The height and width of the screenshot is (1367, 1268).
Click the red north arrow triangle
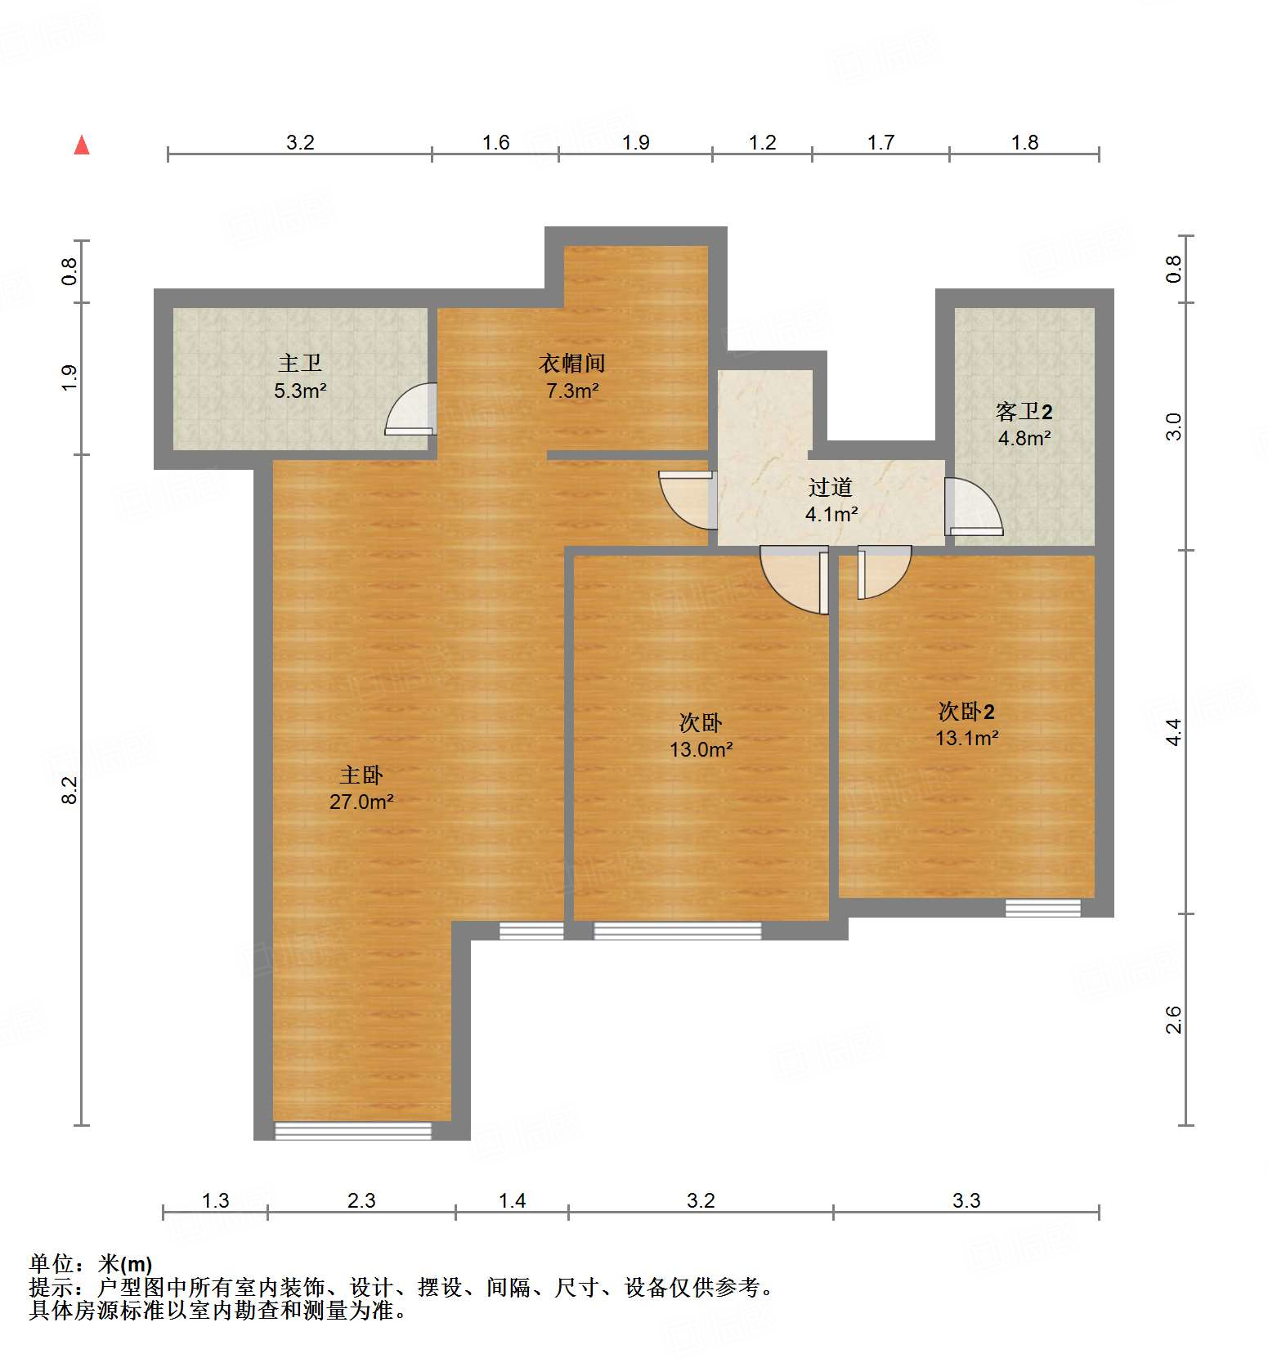pyautogui.click(x=82, y=145)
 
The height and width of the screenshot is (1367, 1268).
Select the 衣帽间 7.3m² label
pyautogui.click(x=572, y=377)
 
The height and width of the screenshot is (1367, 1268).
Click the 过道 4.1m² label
pyautogui.click(x=831, y=500)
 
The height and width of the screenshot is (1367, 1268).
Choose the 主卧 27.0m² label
pyautogui.click(x=361, y=788)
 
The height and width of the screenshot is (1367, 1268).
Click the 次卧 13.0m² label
pyautogui.click(x=701, y=735)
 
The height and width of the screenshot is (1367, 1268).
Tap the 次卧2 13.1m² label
pyautogui.click(x=966, y=724)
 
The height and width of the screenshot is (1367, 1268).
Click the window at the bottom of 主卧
pyautogui.click(x=352, y=1131)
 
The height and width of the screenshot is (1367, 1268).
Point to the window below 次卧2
pyautogui.click(x=1042, y=907)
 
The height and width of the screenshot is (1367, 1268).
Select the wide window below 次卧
pyautogui.click(x=677, y=931)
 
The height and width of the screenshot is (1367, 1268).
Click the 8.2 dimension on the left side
pyautogui.click(x=70, y=790)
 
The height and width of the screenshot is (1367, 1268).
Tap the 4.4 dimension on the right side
pyautogui.click(x=1174, y=731)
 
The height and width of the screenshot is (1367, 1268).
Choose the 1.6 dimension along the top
pyautogui.click(x=495, y=143)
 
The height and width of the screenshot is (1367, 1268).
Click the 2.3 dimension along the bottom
pyautogui.click(x=361, y=1200)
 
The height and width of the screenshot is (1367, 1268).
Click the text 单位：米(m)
pyautogui.click(x=91, y=1264)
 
